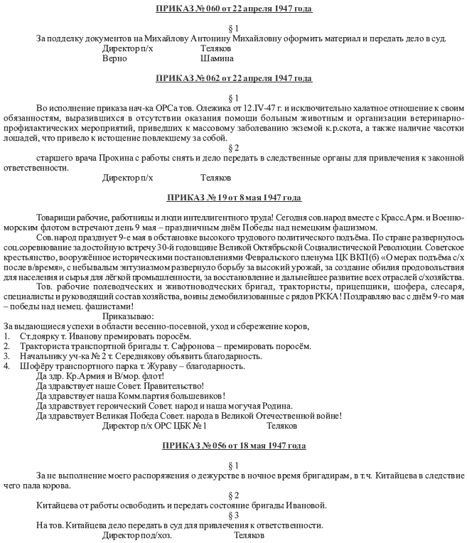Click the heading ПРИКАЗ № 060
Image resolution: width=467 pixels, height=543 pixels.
[x=234, y=9]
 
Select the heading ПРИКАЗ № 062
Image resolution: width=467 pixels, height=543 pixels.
[x=234, y=78]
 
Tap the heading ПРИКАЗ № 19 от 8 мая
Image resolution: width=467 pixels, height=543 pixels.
[x=234, y=198]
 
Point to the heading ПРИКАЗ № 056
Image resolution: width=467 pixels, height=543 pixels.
[x=234, y=446]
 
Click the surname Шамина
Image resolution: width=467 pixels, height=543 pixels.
[x=218, y=58]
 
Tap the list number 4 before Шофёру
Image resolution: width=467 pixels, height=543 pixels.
[x=6, y=366]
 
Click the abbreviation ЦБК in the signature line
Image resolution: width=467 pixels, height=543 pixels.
[x=183, y=426]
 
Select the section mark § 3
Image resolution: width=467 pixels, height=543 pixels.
[x=234, y=515]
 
